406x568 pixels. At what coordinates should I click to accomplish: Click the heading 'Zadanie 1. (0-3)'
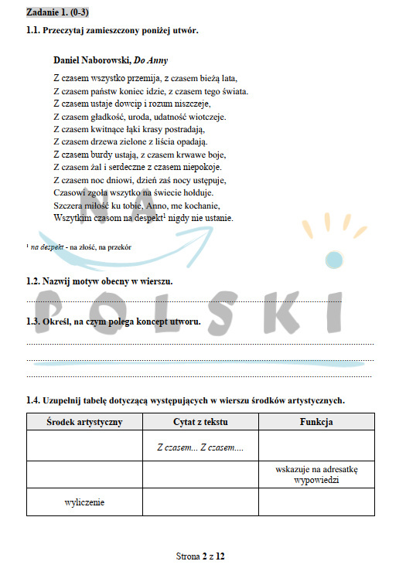pyautogui.click(x=57, y=13)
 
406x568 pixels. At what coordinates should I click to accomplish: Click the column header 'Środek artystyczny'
pyautogui.click(x=84, y=422)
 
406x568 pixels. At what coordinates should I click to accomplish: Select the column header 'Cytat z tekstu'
pyautogui.click(x=200, y=422)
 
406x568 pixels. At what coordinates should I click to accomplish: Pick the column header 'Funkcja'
pyautogui.click(x=316, y=422)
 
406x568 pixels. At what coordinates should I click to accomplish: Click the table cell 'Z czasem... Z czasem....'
pyautogui.click(x=200, y=447)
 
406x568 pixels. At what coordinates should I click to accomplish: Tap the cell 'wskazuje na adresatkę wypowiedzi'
pyautogui.click(x=316, y=474)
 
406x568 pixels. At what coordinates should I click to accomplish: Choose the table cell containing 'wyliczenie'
pyautogui.click(x=84, y=502)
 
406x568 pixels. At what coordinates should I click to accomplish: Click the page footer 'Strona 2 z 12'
pyautogui.click(x=201, y=556)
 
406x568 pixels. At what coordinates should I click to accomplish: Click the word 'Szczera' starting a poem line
pyautogui.click(x=68, y=206)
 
